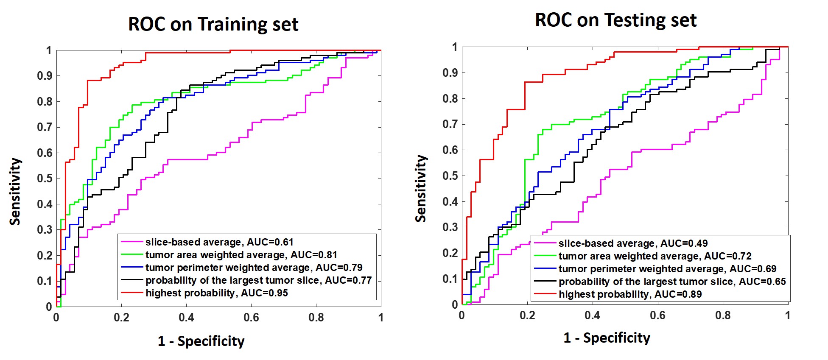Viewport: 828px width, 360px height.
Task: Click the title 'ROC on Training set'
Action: pyautogui.click(x=213, y=24)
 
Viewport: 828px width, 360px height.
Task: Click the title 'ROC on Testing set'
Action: pyautogui.click(x=615, y=20)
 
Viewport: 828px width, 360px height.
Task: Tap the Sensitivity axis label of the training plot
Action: pyautogui.click(x=15, y=191)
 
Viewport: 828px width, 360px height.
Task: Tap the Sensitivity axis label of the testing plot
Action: pyautogui.click(x=420, y=188)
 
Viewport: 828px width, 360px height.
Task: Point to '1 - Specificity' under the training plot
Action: pyautogui.click(x=201, y=341)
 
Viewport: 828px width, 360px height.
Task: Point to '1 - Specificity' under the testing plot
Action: pyautogui.click(x=607, y=338)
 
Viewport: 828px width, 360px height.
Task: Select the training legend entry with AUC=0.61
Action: pyautogui.click(x=219, y=242)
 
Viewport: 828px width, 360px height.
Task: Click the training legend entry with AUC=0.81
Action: pyautogui.click(x=241, y=255)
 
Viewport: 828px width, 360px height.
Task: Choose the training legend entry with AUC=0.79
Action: pyautogui.click(x=254, y=268)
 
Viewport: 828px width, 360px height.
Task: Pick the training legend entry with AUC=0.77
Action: pyautogui.click(x=258, y=280)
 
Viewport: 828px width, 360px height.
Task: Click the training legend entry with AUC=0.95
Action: pyautogui.click(x=216, y=293)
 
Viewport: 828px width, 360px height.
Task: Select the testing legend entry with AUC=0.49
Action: pyautogui.click(x=633, y=243)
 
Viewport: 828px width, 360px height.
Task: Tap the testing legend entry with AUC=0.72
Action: pyautogui.click(x=655, y=256)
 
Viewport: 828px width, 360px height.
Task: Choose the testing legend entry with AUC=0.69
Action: pyautogui.click(x=667, y=269)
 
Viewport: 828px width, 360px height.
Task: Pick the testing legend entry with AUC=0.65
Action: pyautogui.click(x=672, y=282)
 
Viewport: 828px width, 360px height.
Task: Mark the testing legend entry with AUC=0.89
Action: pyautogui.click(x=630, y=294)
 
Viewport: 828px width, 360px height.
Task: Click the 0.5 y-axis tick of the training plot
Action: pyautogui.click(x=45, y=179)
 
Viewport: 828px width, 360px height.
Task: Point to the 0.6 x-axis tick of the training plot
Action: pyautogui.click(x=251, y=318)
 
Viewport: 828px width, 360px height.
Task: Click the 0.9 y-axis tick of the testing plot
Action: pyautogui.click(x=450, y=73)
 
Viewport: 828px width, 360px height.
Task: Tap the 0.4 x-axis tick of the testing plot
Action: pyautogui.click(x=592, y=315)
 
